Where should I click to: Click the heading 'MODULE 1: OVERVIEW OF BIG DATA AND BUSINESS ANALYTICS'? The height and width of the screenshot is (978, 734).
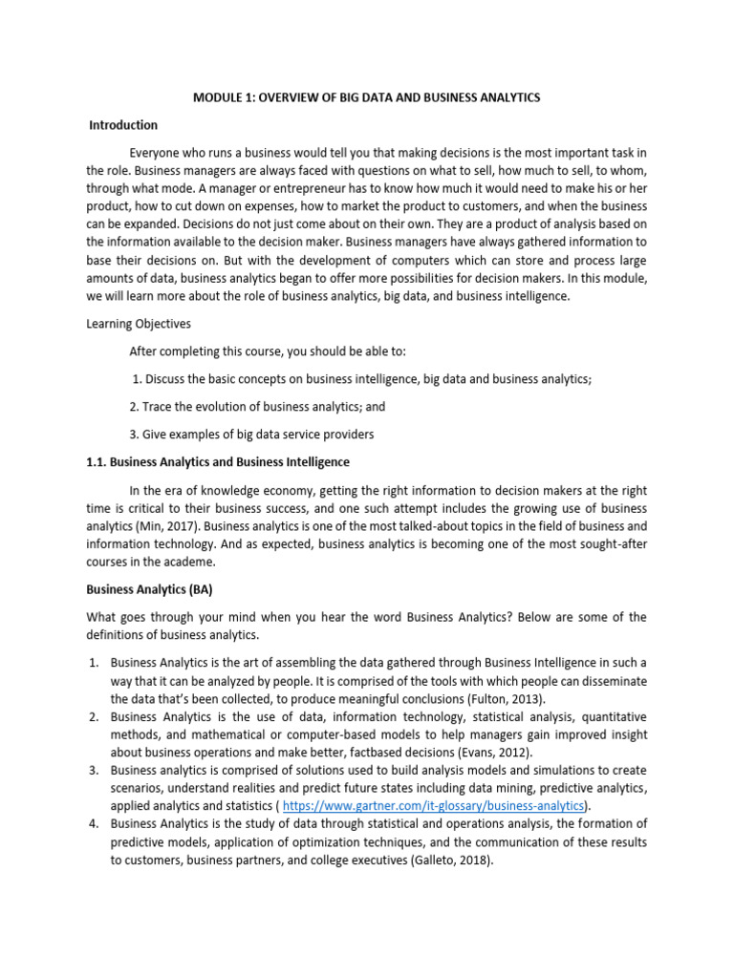[366, 97]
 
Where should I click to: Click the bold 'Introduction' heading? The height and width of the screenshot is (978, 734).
[123, 125]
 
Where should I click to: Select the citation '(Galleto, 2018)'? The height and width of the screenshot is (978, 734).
[445, 860]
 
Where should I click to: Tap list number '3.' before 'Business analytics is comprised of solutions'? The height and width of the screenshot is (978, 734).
[95, 770]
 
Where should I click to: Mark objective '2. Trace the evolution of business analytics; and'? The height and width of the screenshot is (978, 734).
[257, 407]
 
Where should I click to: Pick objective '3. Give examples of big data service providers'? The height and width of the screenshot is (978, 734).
[251, 435]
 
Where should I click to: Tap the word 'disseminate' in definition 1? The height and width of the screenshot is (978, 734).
[612, 680]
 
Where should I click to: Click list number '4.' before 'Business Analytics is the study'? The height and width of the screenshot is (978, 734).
[95, 824]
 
